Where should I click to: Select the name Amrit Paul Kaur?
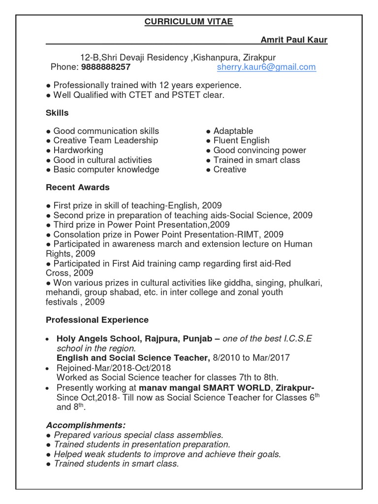pyautogui.click(x=294, y=40)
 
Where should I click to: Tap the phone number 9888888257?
pyautogui.click(x=106, y=67)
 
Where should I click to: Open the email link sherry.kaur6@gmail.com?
pyautogui.click(x=266, y=67)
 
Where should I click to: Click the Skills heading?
pyautogui.click(x=57, y=113)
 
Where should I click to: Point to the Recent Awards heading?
pyautogui.click(x=78, y=188)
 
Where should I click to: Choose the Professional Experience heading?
pyautogui.click(x=97, y=320)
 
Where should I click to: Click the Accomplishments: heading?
pyautogui.click(x=86, y=425)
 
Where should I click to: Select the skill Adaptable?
pyautogui.click(x=233, y=131)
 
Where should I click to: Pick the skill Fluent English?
pyautogui.click(x=241, y=141)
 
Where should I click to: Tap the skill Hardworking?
pyautogui.click(x=78, y=150)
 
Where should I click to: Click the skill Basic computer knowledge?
pyautogui.click(x=106, y=169)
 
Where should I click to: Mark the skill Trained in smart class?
pyautogui.click(x=256, y=160)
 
